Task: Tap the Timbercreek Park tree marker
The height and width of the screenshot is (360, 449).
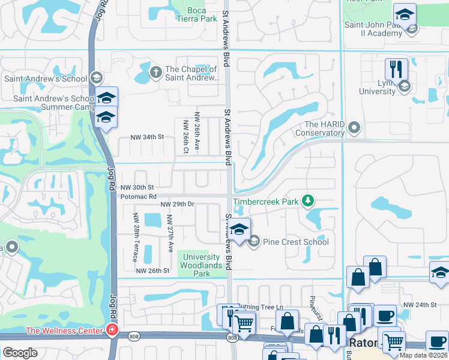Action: point(308,200)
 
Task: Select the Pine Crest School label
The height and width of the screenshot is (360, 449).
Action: point(296,242)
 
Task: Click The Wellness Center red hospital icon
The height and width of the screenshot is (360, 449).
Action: point(111,329)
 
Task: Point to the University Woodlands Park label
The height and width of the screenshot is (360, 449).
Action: point(201,265)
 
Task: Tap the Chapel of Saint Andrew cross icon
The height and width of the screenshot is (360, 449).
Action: point(155,73)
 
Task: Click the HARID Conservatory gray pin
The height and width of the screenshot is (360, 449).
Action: point(354,127)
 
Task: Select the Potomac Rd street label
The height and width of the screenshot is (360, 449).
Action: point(139,196)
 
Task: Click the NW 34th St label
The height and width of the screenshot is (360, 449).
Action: point(147,137)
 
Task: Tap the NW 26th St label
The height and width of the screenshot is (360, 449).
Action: point(152,271)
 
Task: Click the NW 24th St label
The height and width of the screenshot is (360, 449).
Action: point(420,305)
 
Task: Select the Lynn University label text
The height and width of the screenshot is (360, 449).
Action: point(377,87)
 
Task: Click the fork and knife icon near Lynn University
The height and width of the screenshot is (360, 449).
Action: point(396,68)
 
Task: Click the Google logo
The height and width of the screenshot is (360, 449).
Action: point(20,353)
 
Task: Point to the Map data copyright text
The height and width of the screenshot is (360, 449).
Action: point(423,355)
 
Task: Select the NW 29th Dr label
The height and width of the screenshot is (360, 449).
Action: point(177,205)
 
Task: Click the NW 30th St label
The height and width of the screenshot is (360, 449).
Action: point(137,187)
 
